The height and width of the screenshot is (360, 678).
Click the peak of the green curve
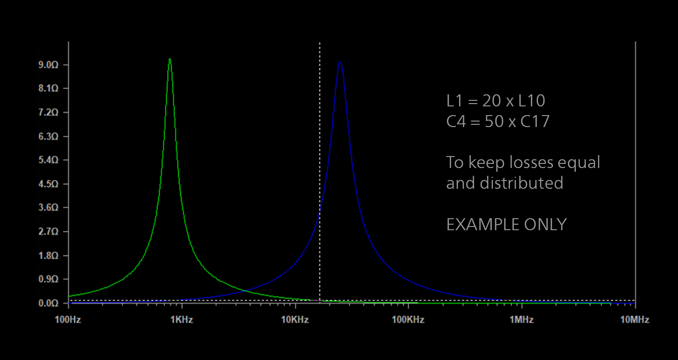click(x=170, y=59)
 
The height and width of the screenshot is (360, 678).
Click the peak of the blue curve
click(x=340, y=62)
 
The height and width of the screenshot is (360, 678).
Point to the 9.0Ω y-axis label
click(x=47, y=65)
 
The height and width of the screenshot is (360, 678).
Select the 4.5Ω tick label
click(x=47, y=184)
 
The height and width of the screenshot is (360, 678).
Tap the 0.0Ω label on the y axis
click(x=47, y=303)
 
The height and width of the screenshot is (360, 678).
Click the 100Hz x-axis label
click(x=68, y=319)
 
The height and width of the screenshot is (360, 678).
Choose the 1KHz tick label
click(x=182, y=319)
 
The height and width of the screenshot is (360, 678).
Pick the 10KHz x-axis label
click(x=295, y=319)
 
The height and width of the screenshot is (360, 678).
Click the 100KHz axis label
click(x=408, y=319)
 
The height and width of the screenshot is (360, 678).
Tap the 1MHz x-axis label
click(x=522, y=319)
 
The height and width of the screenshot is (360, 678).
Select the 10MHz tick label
click(x=635, y=319)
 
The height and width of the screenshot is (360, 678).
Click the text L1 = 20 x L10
click(x=496, y=101)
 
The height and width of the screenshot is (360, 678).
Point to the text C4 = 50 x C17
click(x=498, y=122)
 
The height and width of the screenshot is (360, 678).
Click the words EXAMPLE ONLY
click(x=506, y=225)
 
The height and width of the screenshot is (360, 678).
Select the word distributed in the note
click(x=522, y=183)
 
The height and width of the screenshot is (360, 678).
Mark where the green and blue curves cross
click(x=247, y=291)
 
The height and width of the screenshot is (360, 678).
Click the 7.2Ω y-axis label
click(x=47, y=113)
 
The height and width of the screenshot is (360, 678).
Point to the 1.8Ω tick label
click(x=47, y=255)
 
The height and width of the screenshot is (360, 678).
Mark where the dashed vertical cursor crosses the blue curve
click(x=319, y=213)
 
